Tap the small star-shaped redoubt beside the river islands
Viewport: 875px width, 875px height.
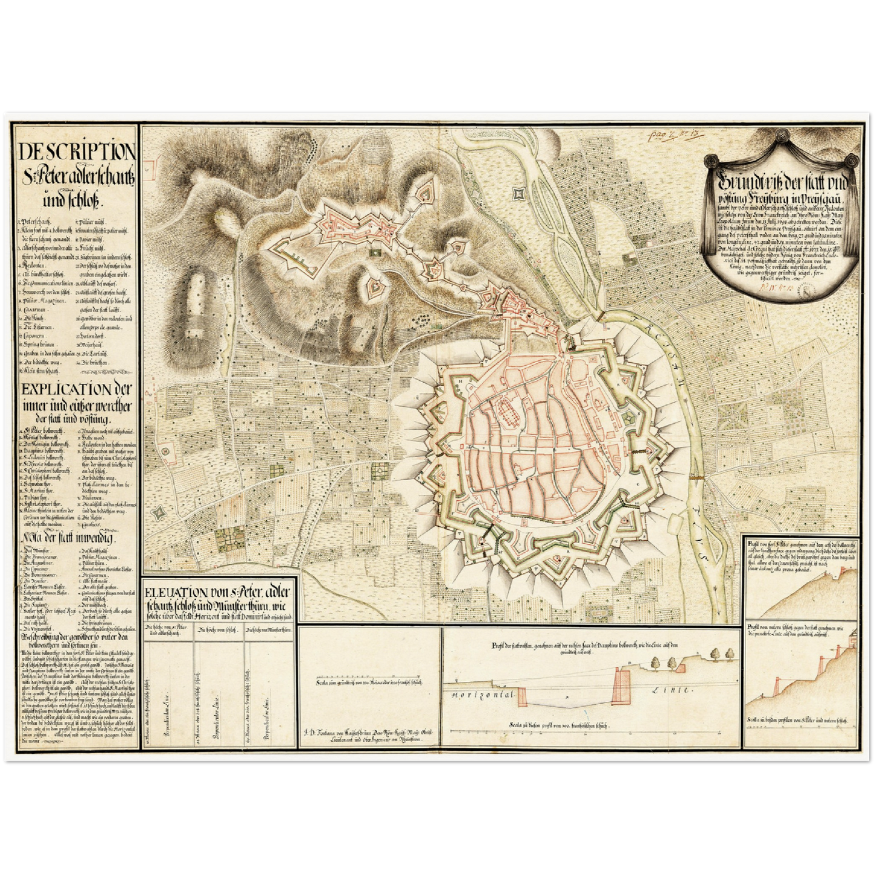(518, 193)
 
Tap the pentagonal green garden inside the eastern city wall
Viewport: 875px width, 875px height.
(630, 419)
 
